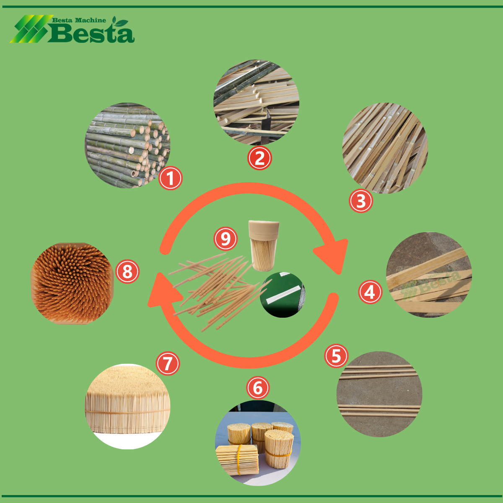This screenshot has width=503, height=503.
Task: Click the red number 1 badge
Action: coord(171,178)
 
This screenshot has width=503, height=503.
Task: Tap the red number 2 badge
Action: coord(259,158)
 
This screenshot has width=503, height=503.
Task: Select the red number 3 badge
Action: coord(361,201)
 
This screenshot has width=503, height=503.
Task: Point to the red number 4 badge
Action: coord(370,292)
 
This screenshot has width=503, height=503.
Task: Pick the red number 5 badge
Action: coord(336,356)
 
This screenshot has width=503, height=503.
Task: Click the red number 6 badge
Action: coord(258,388)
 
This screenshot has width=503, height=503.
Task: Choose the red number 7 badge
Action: coord(168,363)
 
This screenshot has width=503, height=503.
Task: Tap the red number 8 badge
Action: coord(127,272)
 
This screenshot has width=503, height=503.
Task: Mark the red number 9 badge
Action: coord(226,239)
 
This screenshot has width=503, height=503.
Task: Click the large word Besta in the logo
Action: coord(91,33)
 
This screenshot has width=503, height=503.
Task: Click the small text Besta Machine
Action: coord(79,21)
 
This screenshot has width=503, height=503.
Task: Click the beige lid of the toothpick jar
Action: coord(264,229)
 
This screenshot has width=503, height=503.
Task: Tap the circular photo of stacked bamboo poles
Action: coord(127,145)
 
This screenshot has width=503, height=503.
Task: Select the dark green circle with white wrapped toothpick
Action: coord(283,295)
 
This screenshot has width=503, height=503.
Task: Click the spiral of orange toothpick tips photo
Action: coord(72,283)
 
